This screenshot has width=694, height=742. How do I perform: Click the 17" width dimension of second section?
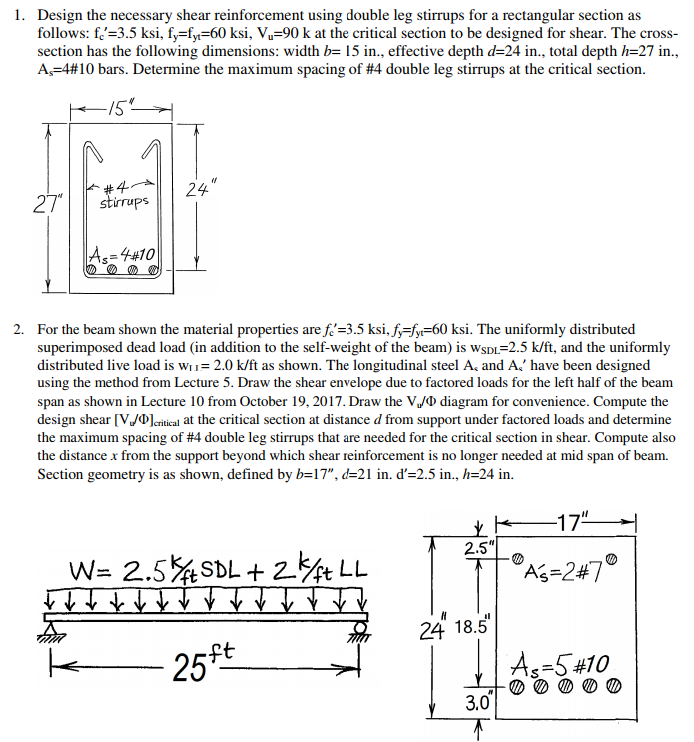coord(572,523)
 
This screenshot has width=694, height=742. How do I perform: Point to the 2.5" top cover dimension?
coord(476,547)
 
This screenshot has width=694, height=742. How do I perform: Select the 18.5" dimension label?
coord(469,627)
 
